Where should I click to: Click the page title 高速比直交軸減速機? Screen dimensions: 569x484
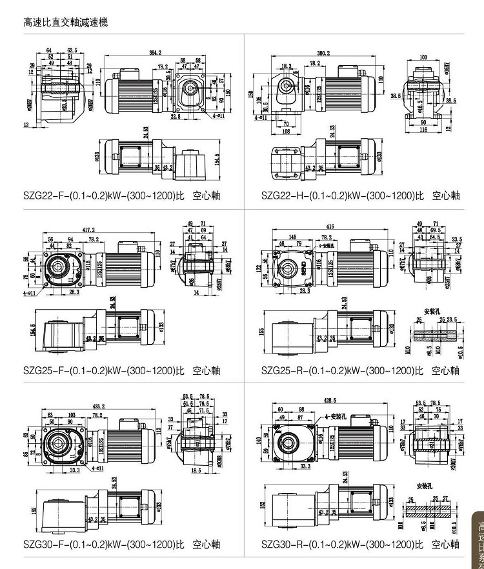coord(65,23)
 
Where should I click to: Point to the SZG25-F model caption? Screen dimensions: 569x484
coord(121,370)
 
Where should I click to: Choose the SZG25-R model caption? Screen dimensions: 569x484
coord(360,370)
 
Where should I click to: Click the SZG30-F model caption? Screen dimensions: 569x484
coord(121,544)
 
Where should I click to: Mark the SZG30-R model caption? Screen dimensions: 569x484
coord(360,544)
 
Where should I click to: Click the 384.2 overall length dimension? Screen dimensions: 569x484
coord(156,52)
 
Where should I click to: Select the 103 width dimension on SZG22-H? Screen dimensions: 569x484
coord(423,57)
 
